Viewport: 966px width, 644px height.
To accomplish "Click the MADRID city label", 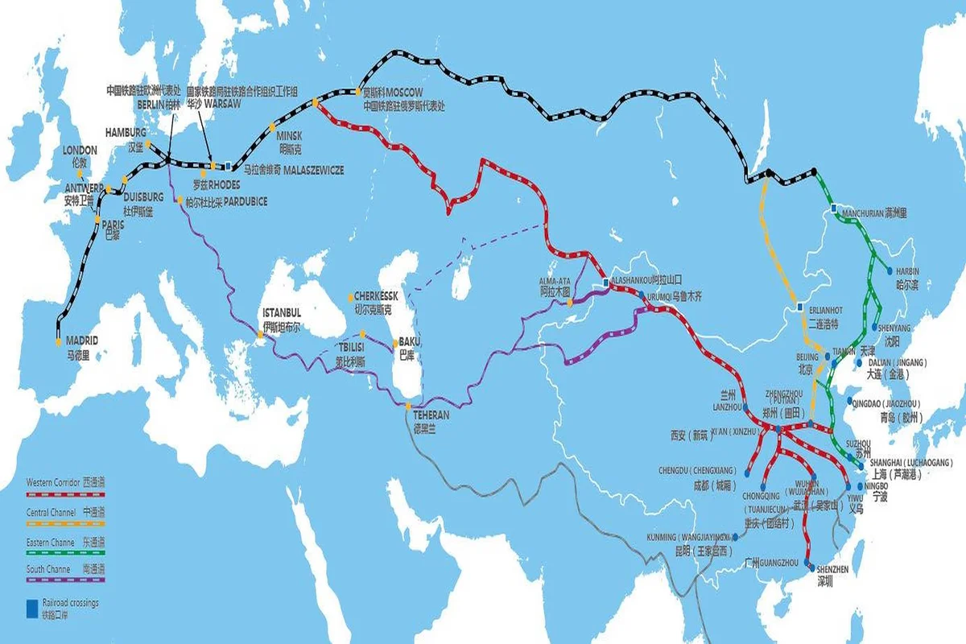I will pos(81,341).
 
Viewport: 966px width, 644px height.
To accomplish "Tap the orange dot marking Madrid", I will pos(58,342).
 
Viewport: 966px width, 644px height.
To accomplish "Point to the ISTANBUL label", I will pos(281,312).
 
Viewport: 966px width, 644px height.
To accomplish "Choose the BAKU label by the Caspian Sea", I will pos(409,341).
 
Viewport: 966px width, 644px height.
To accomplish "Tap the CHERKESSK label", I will pos(373,297).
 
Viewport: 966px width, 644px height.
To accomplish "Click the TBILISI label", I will pos(352,347).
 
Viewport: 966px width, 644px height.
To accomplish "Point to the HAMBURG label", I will pos(126,132).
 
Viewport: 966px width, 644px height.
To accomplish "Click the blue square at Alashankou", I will pos(606,283).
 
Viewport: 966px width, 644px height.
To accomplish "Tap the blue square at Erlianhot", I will pos(799,308).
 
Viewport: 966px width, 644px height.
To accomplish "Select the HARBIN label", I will pos(907,271).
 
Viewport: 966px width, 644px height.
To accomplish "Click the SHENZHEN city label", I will pos(832,569).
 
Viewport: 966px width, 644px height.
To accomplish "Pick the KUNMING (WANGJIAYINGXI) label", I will pos(688,537).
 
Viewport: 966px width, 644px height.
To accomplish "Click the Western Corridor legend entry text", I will pos(54,482).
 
